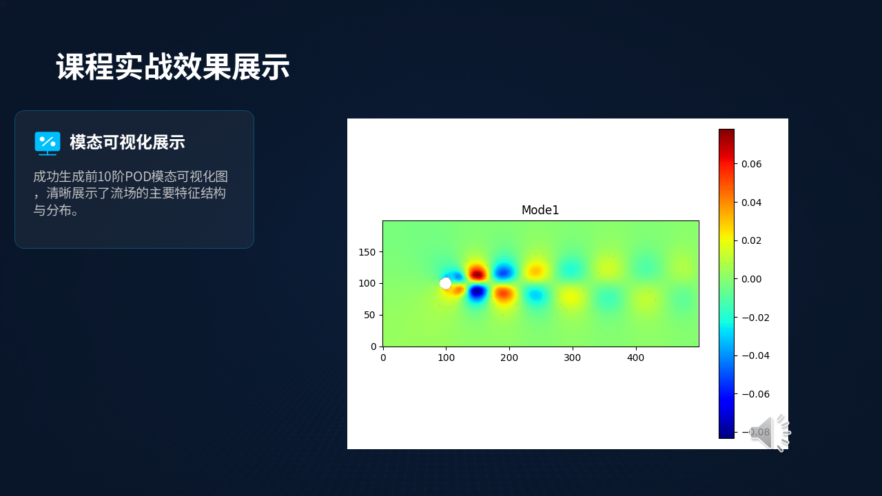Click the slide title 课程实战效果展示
click(173, 67)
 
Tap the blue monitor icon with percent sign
click(48, 143)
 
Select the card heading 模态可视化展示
click(127, 142)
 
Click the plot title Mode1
click(540, 210)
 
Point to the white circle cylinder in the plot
click(445, 283)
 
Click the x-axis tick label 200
click(509, 358)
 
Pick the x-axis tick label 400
click(635, 358)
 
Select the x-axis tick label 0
click(383, 358)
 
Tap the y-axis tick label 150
click(367, 252)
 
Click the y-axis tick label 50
click(369, 315)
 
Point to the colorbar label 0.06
click(751, 164)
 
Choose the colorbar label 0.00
click(751, 279)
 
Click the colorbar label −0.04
click(755, 356)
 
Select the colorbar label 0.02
click(751, 240)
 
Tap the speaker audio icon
click(770, 433)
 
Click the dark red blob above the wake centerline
click(478, 273)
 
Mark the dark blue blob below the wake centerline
click(478, 292)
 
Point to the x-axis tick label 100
click(446, 358)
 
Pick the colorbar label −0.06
click(755, 394)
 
